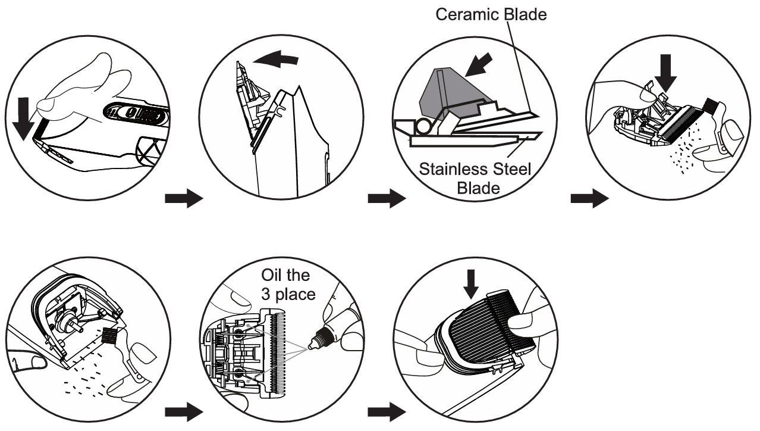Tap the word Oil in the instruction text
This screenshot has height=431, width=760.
pos(275,276)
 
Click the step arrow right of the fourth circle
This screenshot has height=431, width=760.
pos(589,199)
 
